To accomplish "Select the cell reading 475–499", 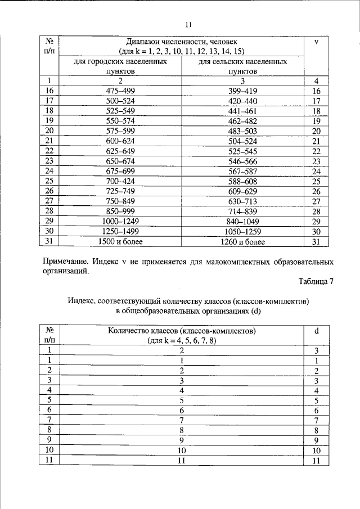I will (120, 91).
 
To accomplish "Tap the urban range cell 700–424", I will (120, 181).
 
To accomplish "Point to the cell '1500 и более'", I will (120, 241).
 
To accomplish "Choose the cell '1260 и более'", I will (242, 241).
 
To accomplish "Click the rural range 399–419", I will (242, 91).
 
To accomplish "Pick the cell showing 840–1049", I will (242, 222).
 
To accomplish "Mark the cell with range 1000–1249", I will (120, 222).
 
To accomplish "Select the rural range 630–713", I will (242, 201).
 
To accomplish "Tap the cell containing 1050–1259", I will (242, 232).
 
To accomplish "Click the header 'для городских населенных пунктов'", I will (120, 66).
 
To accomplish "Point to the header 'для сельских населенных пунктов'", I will (242, 66).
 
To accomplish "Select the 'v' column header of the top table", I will (316, 42).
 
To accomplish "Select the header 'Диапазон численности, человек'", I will (182, 42).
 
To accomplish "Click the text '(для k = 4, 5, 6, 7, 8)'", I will (182, 341).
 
